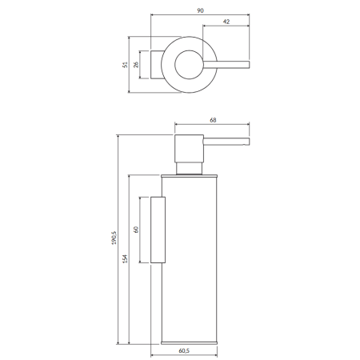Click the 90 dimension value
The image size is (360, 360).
click(x=200, y=10)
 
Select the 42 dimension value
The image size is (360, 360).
click(x=226, y=22)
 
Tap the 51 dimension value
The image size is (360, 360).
click(x=125, y=65)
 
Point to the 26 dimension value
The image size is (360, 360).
click(x=136, y=65)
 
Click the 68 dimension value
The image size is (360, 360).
click(x=213, y=120)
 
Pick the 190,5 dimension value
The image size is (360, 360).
click(x=114, y=238)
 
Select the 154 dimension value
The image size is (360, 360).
click(x=125, y=259)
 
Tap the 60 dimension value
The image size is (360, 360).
click(x=136, y=230)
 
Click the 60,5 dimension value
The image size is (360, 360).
click(x=184, y=350)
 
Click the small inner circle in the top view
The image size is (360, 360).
click(x=175, y=65)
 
